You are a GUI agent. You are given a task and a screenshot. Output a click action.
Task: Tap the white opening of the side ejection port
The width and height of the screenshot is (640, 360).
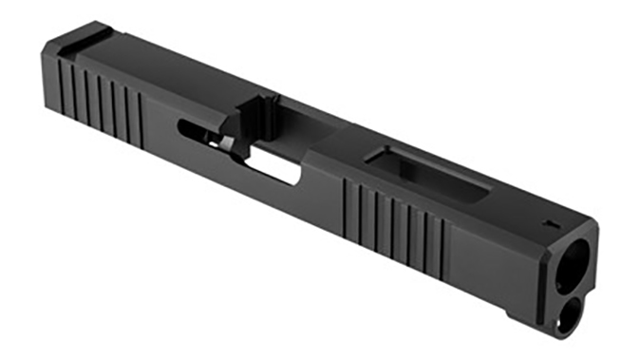pyautogui.click(x=274, y=168)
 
